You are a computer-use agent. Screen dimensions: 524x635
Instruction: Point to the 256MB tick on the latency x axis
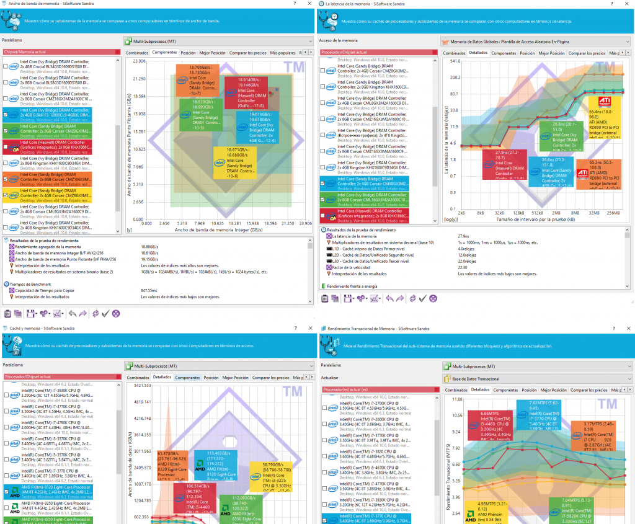point(614,212)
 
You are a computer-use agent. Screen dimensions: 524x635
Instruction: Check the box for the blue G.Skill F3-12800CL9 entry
point(6,115)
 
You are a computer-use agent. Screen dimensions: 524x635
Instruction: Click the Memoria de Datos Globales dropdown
point(533,42)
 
